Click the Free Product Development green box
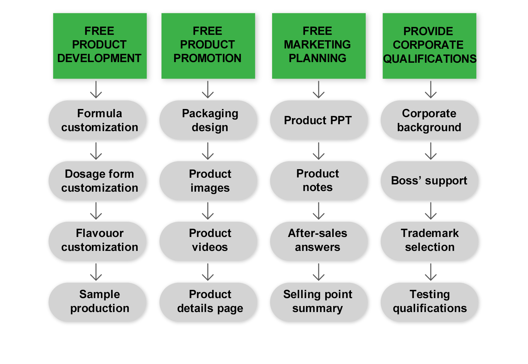tap(100, 46)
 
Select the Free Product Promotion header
tap(208, 46)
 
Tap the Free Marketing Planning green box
tap(319, 46)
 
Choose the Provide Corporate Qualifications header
tap(429, 46)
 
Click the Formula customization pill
tap(98, 120)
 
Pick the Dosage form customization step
tap(98, 181)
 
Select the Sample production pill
tap(98, 302)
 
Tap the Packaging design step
tap(208, 120)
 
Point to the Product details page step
tap(208, 302)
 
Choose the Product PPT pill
tap(319, 120)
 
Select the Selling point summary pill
tap(319, 302)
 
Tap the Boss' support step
tap(429, 181)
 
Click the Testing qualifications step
tap(429, 302)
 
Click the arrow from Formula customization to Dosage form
tap(96, 151)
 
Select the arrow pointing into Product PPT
tap(319, 89)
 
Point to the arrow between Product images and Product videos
tap(208, 211)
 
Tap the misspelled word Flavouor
tap(99, 233)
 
